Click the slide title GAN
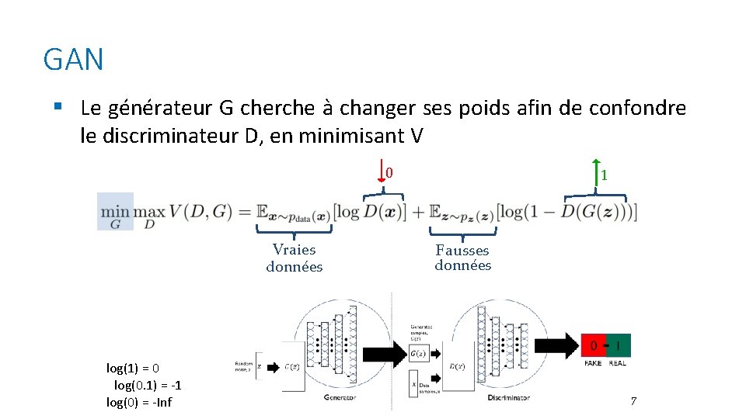pos(74,60)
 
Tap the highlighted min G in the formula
pos(115,212)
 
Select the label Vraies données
pos(295,258)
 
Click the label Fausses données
pos(463,258)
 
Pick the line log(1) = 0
pos(133,368)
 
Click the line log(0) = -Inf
pos(139,402)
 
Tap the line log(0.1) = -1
pos(148,385)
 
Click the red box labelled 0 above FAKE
pos(594,345)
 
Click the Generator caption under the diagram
pos(340,397)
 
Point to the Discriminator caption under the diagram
pos(508,397)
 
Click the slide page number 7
pos(633,402)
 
